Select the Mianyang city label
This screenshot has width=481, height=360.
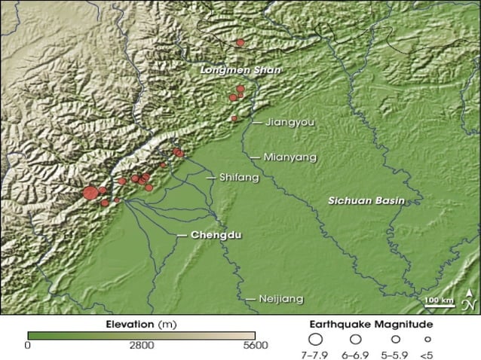pos(290,157)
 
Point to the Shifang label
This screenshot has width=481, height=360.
pos(238,178)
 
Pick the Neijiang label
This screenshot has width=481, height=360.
pos(280,298)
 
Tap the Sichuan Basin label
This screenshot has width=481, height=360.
pos(366,200)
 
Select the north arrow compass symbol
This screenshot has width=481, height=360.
pos(467,301)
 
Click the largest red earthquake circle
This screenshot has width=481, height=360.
pos(90,193)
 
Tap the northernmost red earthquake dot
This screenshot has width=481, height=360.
pos(240,43)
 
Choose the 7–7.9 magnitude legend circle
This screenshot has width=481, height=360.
pos(317,340)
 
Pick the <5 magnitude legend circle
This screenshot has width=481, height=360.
pos(427,340)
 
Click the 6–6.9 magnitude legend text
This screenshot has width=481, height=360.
pos(355,354)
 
